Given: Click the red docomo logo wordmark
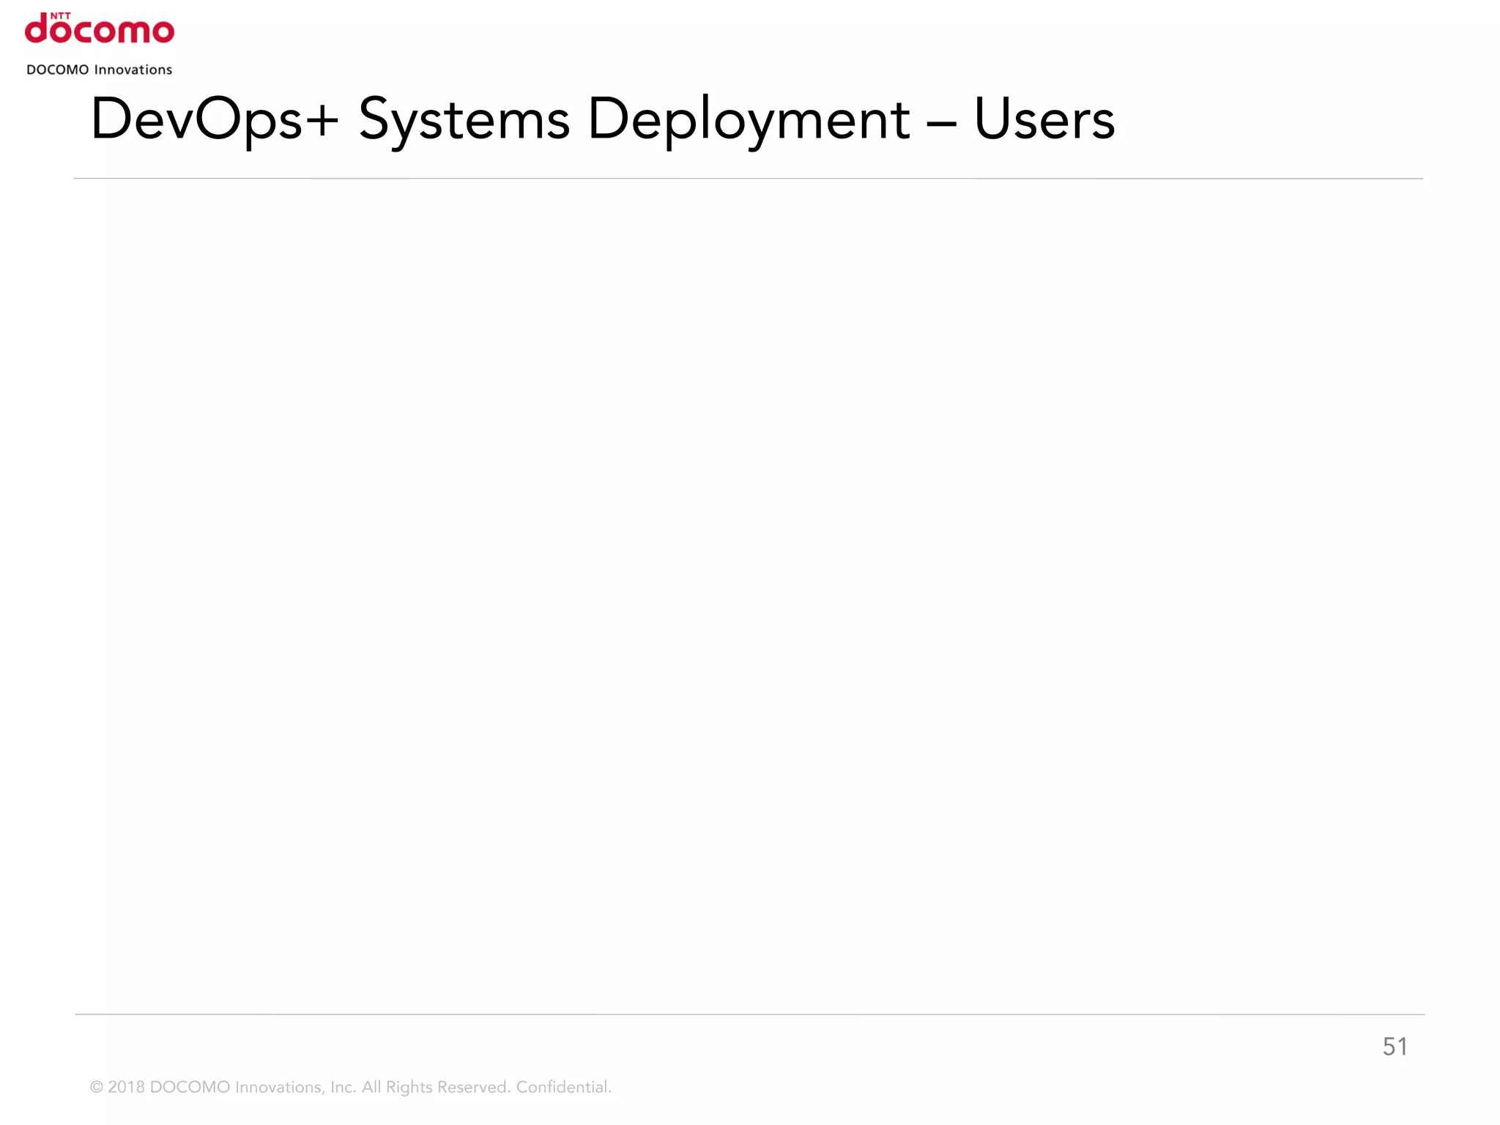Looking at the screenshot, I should point(100,30).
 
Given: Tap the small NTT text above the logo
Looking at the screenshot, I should point(60,15).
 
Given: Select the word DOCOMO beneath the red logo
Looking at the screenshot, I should point(57,70).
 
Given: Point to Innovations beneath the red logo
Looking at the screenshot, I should point(133,70).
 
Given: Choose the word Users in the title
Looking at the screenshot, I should point(1044,119).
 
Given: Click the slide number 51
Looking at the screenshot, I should point(1395,1047).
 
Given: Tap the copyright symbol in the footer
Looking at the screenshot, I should point(96,1088).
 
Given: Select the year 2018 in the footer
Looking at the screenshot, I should point(126,1088).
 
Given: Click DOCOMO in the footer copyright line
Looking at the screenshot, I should point(190,1088).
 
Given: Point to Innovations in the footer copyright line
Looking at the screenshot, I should point(280,1088).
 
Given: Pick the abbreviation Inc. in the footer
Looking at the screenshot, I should point(343,1088).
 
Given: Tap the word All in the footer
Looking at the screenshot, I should point(371,1088).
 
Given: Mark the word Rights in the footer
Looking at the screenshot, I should point(409,1088).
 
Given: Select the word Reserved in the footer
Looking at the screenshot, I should point(473,1088).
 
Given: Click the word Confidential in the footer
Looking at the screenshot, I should point(563,1088).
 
